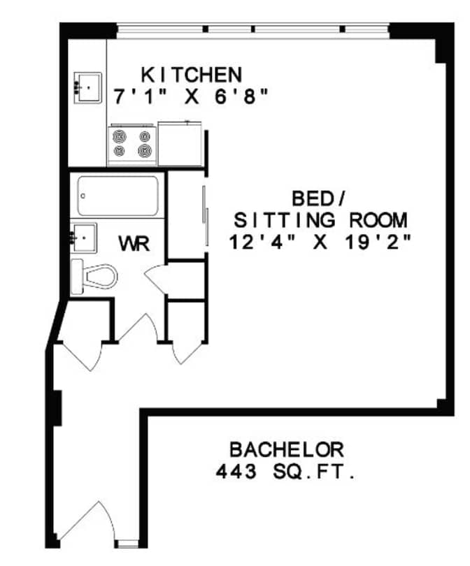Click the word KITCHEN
192,74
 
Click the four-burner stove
132,143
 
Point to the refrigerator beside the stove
180,143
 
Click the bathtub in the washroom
117,196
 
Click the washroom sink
84,238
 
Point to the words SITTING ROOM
320,221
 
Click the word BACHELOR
287,449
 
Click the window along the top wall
252,29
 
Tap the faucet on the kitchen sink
77,87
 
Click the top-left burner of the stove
120,136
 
